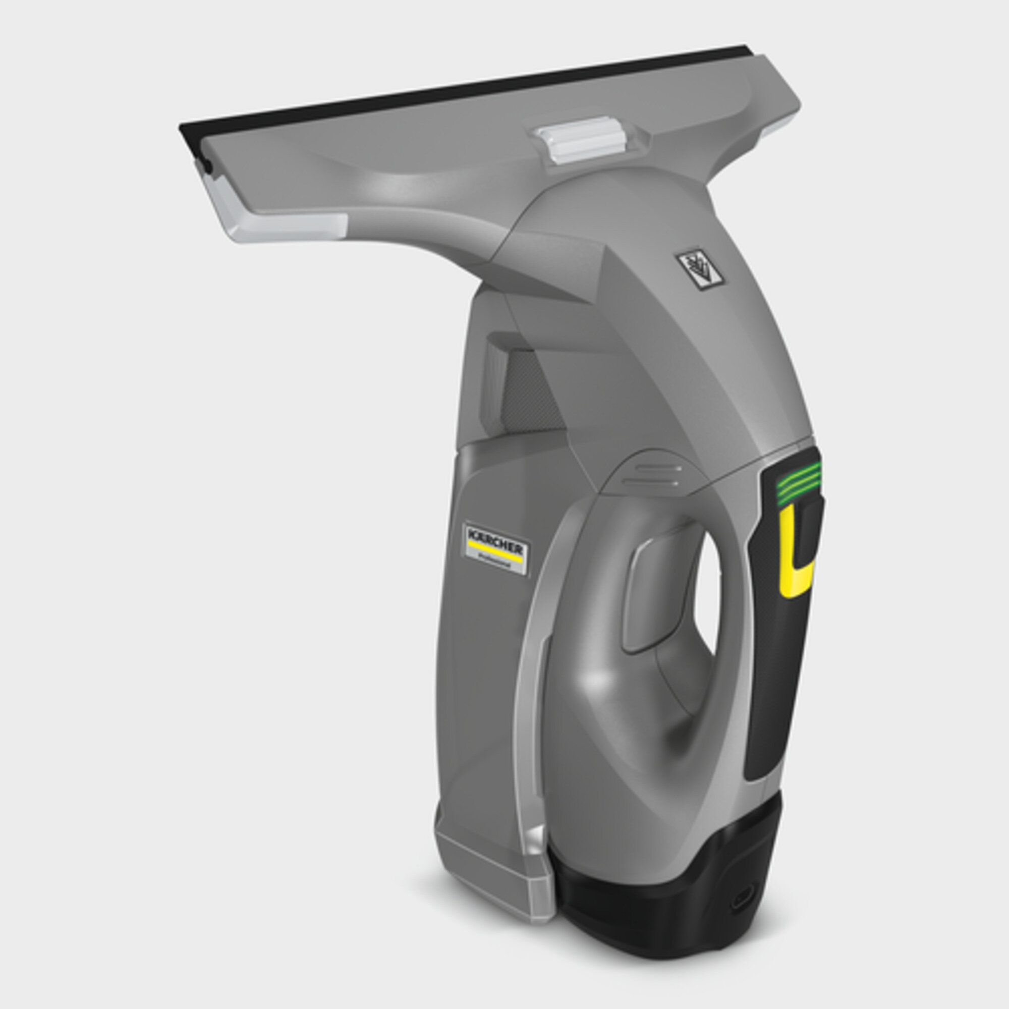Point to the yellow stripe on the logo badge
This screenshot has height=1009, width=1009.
(493, 550)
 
